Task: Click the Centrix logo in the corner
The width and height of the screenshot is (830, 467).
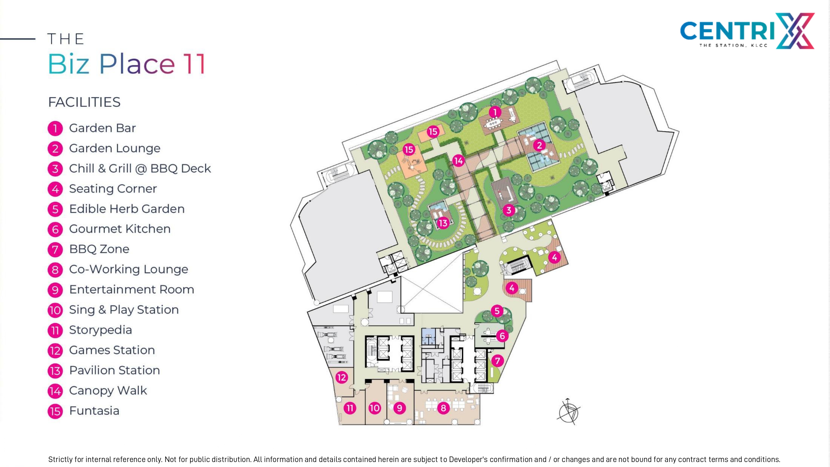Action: click(x=747, y=31)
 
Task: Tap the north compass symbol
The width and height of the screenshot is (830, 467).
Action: click(x=568, y=412)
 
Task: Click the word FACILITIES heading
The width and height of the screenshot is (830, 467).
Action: click(x=84, y=102)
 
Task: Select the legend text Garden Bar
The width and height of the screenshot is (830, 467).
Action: click(x=102, y=128)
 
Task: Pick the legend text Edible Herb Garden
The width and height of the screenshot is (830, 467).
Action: click(x=127, y=209)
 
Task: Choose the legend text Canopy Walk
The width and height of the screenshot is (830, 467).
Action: click(x=108, y=391)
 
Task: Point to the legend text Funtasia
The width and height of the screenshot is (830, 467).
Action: click(x=94, y=411)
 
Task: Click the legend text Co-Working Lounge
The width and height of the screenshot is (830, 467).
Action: click(x=129, y=269)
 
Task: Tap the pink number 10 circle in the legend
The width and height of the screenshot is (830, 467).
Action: click(x=55, y=310)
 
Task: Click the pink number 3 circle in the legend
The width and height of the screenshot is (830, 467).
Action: click(x=55, y=169)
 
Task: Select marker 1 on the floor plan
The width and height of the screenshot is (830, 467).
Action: click(x=495, y=112)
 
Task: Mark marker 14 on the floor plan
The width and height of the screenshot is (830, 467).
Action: click(x=458, y=160)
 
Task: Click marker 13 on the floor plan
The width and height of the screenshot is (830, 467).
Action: click(x=443, y=223)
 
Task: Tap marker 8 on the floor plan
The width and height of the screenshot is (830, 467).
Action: click(x=443, y=408)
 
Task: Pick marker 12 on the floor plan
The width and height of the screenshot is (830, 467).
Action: click(x=341, y=377)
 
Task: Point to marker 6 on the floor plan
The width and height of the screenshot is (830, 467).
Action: click(x=502, y=336)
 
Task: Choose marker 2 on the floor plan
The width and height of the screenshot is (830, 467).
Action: click(x=539, y=145)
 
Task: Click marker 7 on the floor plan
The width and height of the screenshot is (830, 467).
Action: click(x=497, y=361)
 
